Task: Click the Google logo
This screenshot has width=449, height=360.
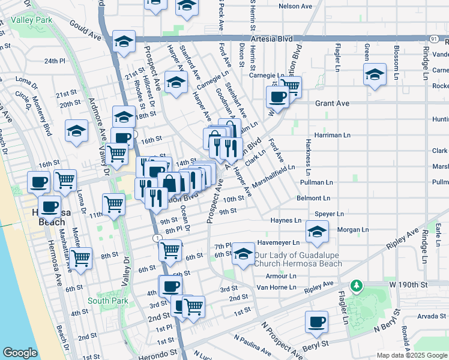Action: [x=20, y=352]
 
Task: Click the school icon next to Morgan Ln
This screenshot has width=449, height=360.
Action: [x=316, y=232]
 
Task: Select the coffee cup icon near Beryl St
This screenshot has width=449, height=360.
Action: [x=316, y=321]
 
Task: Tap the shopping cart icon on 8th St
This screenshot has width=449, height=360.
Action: [x=80, y=258]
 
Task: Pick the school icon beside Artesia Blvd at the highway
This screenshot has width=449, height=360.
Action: [x=124, y=42]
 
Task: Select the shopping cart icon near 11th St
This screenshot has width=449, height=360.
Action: [x=113, y=204]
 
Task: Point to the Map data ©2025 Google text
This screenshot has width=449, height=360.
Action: [x=411, y=355]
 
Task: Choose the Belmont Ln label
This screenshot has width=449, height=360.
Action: [x=313, y=198]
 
